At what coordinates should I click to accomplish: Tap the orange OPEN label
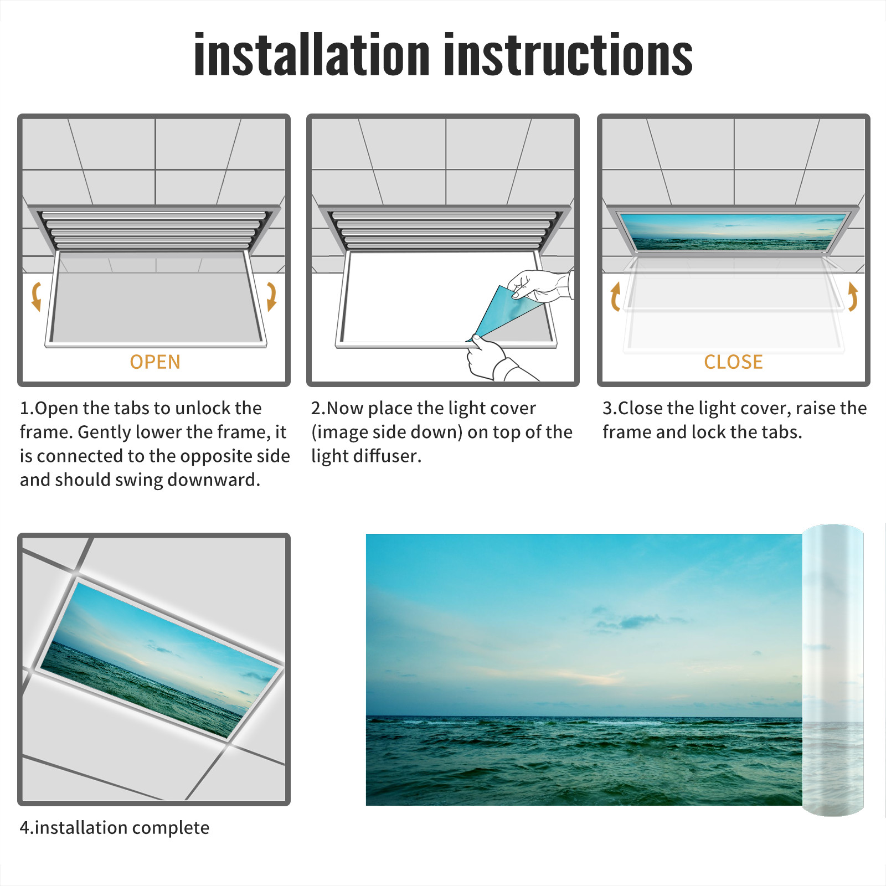(x=155, y=362)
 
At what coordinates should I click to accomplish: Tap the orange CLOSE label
(x=733, y=362)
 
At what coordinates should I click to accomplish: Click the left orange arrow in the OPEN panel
(x=36, y=296)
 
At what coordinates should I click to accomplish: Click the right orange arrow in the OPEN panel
(x=271, y=296)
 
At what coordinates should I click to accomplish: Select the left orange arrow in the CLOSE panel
(x=615, y=296)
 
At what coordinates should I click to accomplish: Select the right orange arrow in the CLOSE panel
(x=853, y=296)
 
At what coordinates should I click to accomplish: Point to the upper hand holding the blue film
(x=540, y=285)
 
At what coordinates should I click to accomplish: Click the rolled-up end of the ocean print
(x=833, y=670)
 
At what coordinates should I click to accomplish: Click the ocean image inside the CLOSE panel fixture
(x=733, y=231)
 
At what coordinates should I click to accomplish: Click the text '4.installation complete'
(x=115, y=828)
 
